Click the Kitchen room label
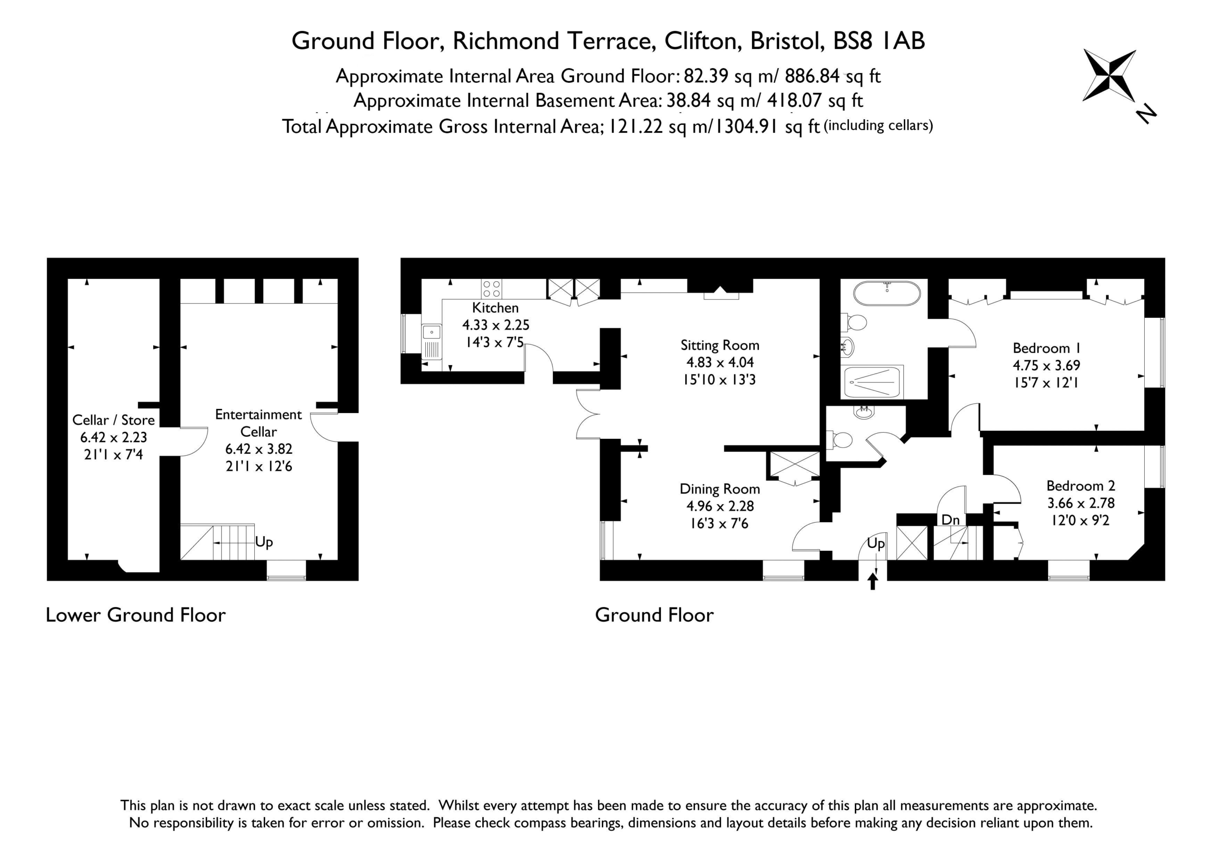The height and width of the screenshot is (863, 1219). click(x=495, y=308)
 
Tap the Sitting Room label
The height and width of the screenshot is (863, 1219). click(x=720, y=345)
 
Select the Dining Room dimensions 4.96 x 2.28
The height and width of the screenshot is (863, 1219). click(x=720, y=506)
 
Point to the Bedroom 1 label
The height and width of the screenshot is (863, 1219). click(x=1046, y=348)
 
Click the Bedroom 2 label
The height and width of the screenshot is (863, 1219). click(x=1080, y=486)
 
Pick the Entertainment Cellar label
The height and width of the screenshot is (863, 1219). click(x=259, y=423)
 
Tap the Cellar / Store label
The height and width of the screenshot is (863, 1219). click(x=114, y=420)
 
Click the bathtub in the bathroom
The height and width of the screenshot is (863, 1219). click(x=887, y=294)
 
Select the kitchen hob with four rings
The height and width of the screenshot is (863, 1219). click(x=491, y=289)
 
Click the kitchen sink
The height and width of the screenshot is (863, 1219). click(x=431, y=342)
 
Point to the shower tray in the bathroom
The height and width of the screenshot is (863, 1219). click(x=872, y=382)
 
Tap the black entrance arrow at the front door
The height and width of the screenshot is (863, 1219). click(x=872, y=582)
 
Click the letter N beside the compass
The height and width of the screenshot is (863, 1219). click(x=1146, y=114)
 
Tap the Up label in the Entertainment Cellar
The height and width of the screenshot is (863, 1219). click(x=264, y=542)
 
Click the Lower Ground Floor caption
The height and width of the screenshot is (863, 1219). click(x=136, y=615)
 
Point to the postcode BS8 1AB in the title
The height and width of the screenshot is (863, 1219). click(x=879, y=41)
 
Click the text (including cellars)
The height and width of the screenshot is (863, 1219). click(x=878, y=125)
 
